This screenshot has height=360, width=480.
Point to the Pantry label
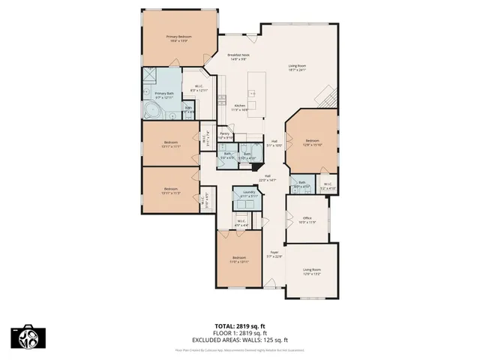click(224, 136)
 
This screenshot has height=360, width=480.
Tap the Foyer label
click(274, 253)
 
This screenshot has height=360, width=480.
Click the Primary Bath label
click(164, 95)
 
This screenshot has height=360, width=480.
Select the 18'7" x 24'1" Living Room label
click(298, 68)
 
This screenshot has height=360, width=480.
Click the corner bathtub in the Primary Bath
click(153, 112)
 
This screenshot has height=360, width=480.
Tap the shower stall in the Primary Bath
click(150, 76)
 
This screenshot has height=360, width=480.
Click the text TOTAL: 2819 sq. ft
click(239, 326)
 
